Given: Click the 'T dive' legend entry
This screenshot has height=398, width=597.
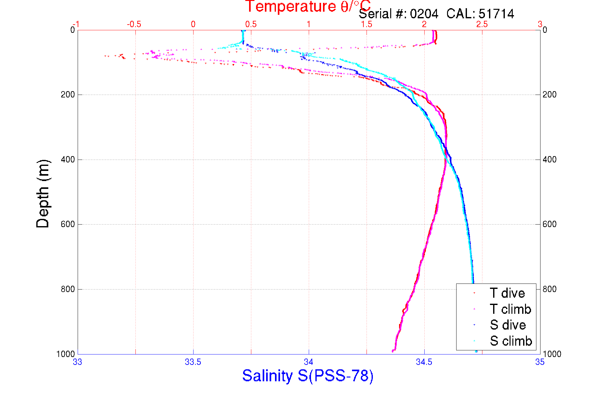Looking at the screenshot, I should pos(507,293).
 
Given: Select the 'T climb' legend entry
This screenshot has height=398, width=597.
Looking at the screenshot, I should pos(510,309).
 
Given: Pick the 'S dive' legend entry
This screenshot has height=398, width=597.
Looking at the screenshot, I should pos(508,325).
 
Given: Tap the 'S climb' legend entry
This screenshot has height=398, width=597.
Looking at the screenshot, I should pos(511,341).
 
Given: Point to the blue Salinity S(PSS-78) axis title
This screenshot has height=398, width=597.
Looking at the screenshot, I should pos(308,376).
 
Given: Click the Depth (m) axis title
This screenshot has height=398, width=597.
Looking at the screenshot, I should pos(43,194).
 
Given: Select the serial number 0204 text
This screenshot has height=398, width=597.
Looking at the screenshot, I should pos(424,14).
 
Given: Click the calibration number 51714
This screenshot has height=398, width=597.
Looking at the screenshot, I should pos(496,14).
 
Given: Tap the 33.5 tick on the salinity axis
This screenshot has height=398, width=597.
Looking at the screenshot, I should pos(193,362).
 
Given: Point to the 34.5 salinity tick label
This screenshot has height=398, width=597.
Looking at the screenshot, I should pos(424,362).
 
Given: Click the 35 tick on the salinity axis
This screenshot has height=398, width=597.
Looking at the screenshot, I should pos(540,362).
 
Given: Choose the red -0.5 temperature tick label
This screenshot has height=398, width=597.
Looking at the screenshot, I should pos(134,24).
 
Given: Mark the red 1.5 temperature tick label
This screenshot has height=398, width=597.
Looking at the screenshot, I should pos(367,24).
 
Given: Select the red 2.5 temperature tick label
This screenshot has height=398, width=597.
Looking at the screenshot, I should pos(482,24).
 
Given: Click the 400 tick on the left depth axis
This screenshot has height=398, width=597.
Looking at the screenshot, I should pos(68,160).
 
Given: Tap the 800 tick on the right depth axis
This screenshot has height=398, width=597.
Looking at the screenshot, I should pos(550,289).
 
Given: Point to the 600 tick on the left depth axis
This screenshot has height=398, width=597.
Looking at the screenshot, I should pos(68,224).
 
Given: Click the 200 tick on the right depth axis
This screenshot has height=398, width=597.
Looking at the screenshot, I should pos(550,95).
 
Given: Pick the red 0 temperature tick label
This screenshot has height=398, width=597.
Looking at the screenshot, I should pos(193,24).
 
